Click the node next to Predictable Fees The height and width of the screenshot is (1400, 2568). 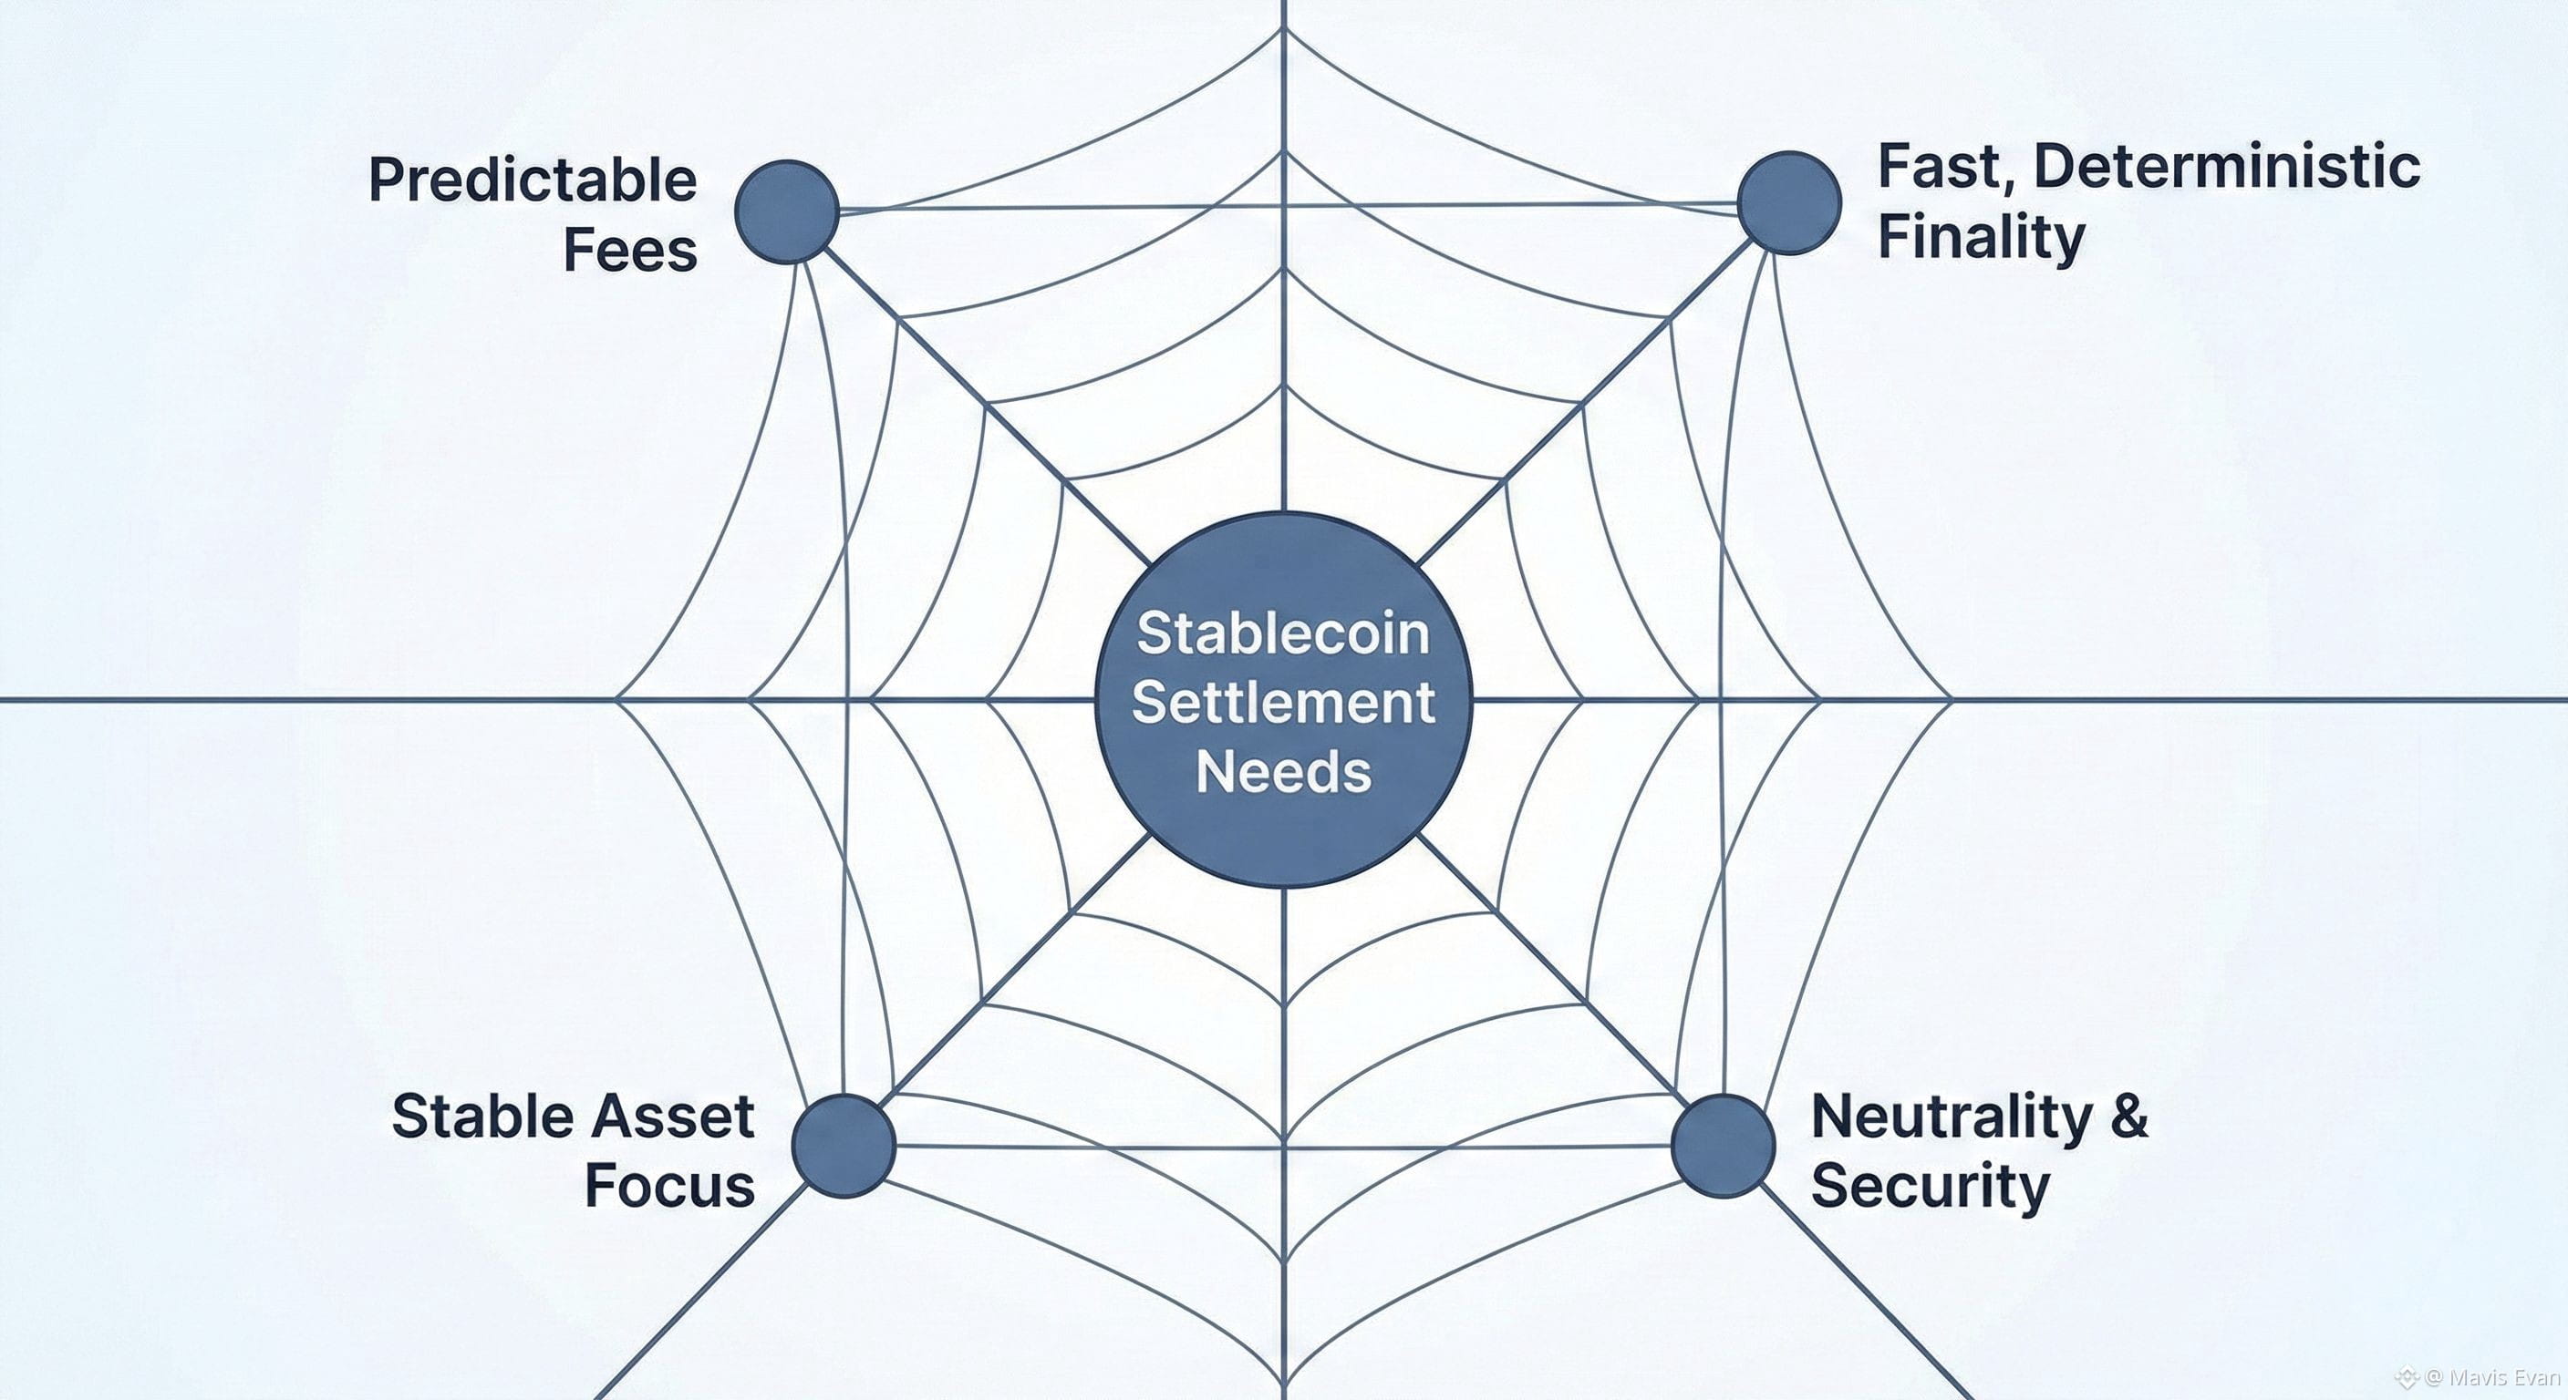pos(787,211)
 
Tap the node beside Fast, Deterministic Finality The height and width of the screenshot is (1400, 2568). pos(1788,202)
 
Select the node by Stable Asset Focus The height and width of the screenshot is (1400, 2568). pos(844,1145)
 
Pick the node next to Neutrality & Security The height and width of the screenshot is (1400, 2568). pos(1723,1145)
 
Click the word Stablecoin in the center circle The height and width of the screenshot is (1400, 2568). pos(1283,633)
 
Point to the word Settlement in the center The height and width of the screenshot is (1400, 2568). pos(1283,703)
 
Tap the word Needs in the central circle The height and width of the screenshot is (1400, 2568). pos(1283,771)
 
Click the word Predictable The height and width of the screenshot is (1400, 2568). pos(533,181)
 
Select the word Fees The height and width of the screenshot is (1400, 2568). pos(630,250)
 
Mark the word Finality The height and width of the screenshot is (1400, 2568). pos(1981,238)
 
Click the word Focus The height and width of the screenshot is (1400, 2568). pos(669,1186)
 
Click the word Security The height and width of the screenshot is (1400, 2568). pos(1930,1186)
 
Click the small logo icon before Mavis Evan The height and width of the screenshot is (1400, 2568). pos(2407,1378)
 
